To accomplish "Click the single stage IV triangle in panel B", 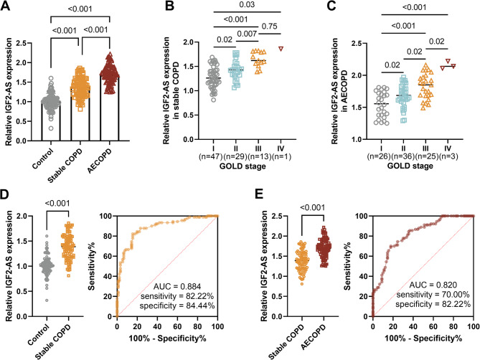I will tap(281, 49).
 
